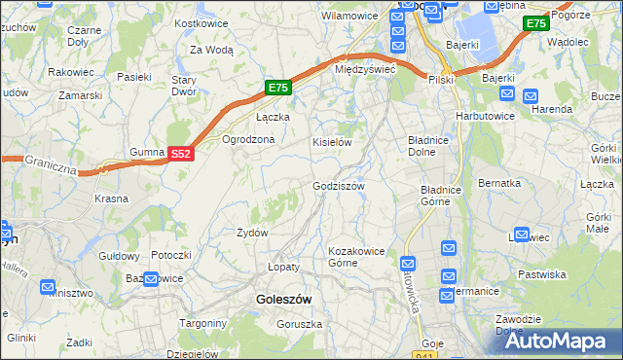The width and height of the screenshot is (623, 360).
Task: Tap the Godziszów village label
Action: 338,186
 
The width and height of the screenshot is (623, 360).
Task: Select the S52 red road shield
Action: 181,154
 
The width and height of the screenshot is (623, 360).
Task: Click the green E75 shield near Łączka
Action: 278,88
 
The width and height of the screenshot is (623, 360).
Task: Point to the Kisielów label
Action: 331,142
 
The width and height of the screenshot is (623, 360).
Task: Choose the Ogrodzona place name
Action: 249,139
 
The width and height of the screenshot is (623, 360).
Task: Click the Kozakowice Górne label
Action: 356,257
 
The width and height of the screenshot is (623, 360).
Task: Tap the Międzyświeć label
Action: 364,70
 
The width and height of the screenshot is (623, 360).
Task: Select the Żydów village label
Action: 252,233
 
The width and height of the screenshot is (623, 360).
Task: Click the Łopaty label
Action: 283,266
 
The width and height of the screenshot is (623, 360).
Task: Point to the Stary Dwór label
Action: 184,86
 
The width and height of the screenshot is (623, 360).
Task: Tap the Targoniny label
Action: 202,322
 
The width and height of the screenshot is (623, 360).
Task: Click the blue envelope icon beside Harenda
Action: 531,96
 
